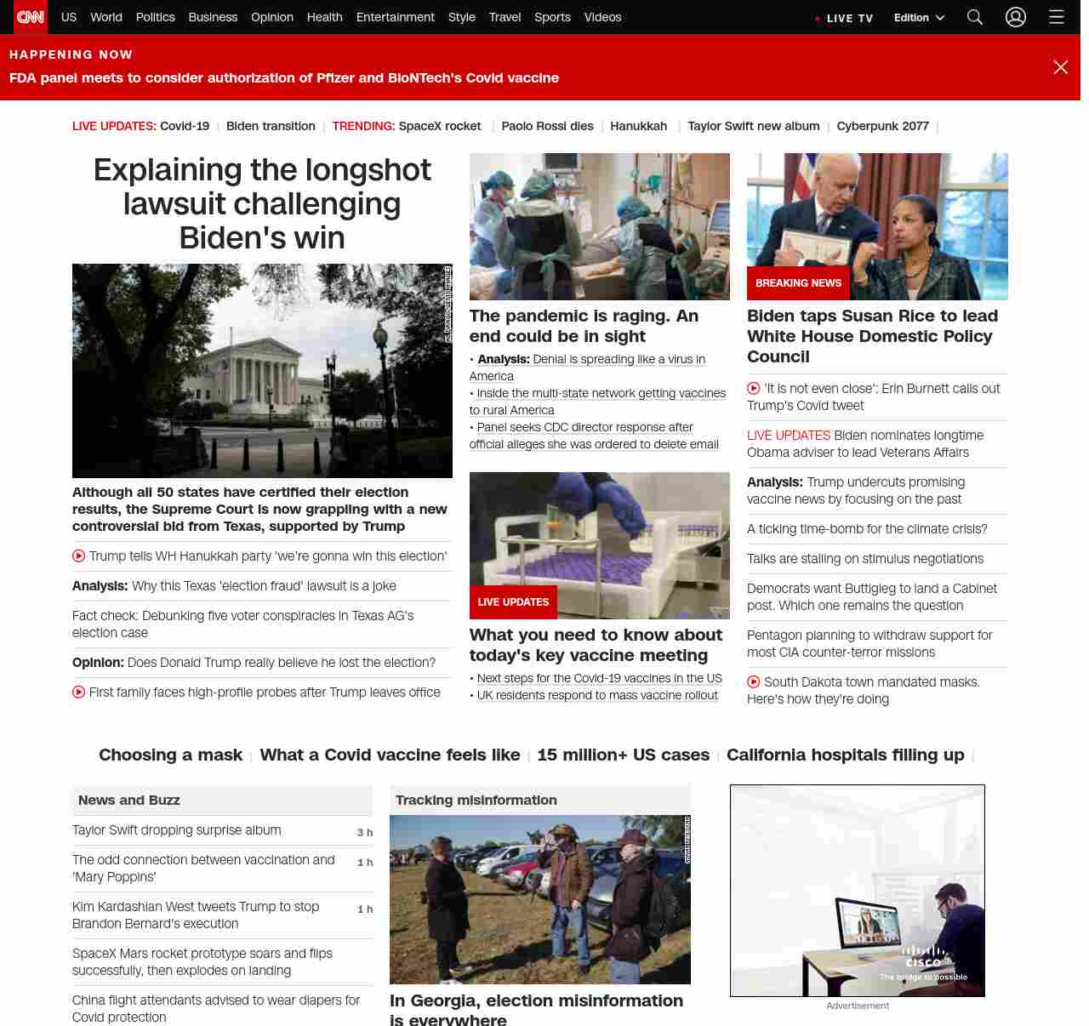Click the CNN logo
coord(31,17)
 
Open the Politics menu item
coord(155,17)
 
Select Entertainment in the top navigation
coord(395,17)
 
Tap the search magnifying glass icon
coord(975,17)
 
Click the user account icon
coord(1016,17)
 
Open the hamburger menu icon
coord(1057,17)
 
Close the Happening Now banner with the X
coord(1060,67)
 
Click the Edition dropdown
coord(919,17)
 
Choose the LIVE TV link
coord(848,18)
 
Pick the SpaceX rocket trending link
coord(440,126)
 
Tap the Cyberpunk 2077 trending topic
coord(882,126)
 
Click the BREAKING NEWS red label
coord(798,283)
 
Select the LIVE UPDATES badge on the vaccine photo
coord(513,602)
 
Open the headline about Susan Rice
coord(872,336)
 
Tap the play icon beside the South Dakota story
coord(754,682)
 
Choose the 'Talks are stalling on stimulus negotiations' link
coord(864,559)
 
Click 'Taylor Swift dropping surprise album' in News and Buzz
coord(176,830)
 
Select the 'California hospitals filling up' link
coord(845,755)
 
